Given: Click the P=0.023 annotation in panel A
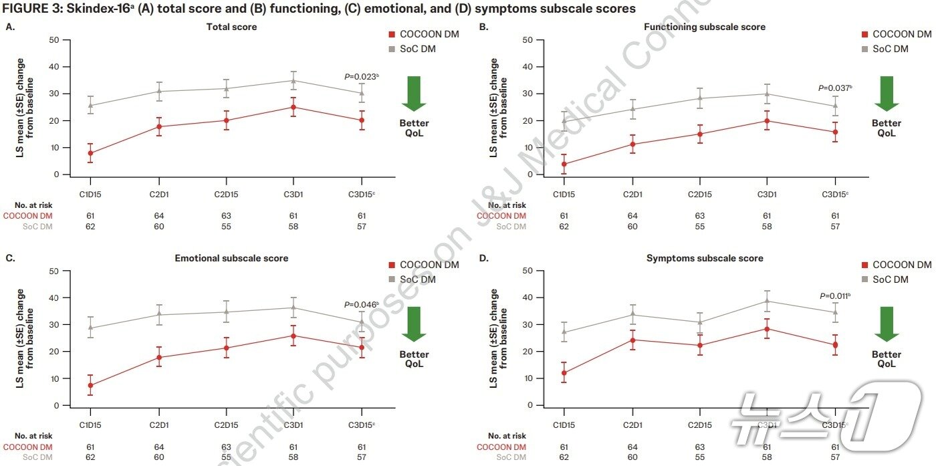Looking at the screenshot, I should click(x=361, y=77).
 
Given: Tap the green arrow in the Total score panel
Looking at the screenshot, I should click(x=414, y=93).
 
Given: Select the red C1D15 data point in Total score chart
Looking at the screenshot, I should click(x=90, y=153).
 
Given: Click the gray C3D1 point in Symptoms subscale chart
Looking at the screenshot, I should click(x=767, y=301).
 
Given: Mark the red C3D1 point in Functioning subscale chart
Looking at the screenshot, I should click(x=767, y=121).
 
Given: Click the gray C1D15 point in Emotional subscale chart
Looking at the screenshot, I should click(x=90, y=328).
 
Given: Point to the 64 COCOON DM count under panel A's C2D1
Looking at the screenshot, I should click(x=158, y=216).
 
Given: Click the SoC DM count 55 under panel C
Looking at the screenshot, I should click(x=226, y=458).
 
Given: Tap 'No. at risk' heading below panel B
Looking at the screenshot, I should click(x=507, y=205).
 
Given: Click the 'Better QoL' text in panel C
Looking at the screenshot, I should click(x=415, y=359).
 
